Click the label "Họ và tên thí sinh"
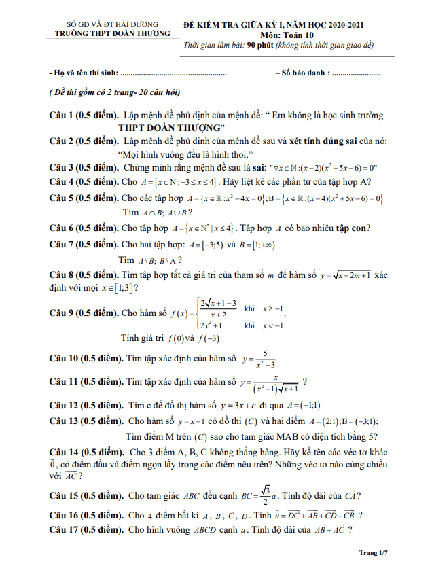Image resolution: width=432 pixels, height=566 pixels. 88,72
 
